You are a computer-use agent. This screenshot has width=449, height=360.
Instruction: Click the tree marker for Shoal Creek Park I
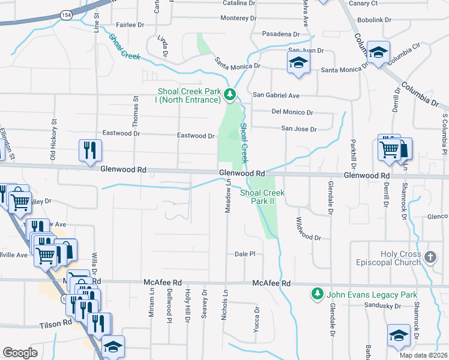tap(229, 94)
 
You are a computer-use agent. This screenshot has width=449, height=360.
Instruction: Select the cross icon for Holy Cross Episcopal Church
tap(430, 257)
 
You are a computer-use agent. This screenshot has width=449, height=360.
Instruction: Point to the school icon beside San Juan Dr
tap(298, 63)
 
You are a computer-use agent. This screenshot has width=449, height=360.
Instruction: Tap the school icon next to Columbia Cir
tap(378, 52)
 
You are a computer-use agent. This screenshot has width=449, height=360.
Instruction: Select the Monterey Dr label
tap(238, 18)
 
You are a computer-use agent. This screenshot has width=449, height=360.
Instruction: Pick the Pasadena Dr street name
tap(280, 34)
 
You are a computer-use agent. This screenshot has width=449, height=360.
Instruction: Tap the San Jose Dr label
tap(299, 128)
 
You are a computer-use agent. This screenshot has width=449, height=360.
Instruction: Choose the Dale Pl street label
tap(245, 254)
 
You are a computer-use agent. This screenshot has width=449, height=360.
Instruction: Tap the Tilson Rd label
tap(59, 322)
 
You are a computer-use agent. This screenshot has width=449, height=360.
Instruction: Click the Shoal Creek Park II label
tap(262, 197)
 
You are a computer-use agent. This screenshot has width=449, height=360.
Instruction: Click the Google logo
tap(20, 352)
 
